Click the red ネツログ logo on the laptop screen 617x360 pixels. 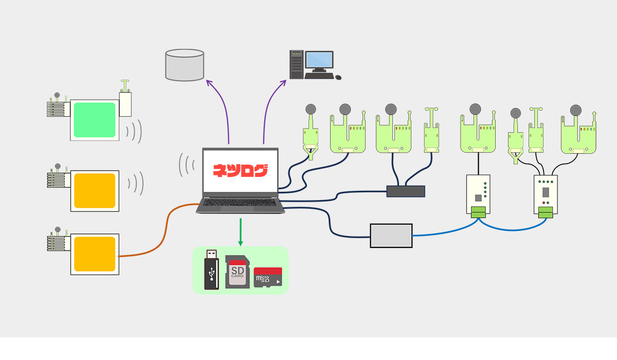pyautogui.click(x=240, y=170)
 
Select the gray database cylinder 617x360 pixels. pyautogui.click(x=185, y=65)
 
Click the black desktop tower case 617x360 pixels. pyautogui.click(x=296, y=64)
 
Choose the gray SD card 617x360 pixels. pyautogui.click(x=238, y=272)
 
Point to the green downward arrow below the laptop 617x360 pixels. pyautogui.click(x=240, y=231)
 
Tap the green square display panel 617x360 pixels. pyautogui.click(x=94, y=120)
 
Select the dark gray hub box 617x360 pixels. pyautogui.click(x=406, y=191)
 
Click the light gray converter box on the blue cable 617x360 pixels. pyautogui.click(x=391, y=236)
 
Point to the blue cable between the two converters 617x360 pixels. pyautogui.click(x=509, y=229)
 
